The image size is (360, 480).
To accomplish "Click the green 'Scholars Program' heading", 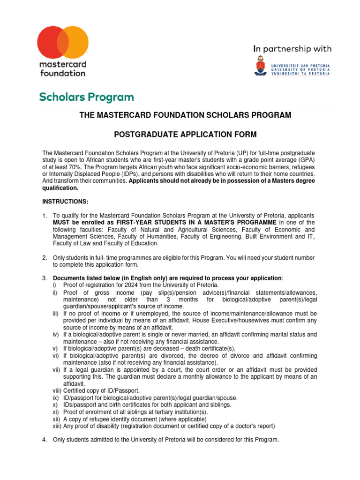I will pyautogui.click(x=86, y=97).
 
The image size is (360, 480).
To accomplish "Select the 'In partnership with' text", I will pyautogui.click(x=292, y=49).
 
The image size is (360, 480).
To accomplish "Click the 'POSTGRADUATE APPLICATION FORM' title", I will pyautogui.click(x=186, y=135).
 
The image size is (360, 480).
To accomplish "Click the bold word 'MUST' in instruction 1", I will pyautogui.click(x=63, y=222).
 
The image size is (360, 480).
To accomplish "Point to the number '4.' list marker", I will pyautogui.click(x=45, y=440).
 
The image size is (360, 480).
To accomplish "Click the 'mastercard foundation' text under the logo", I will pyautogui.click(x=63, y=68).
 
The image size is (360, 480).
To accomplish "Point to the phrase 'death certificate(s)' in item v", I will pyautogui.click(x=208, y=348).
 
